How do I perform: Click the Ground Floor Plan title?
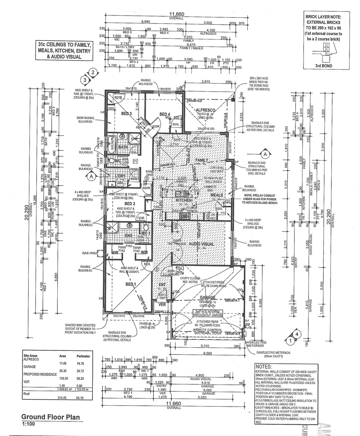(50, 417)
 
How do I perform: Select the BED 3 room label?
(127, 114)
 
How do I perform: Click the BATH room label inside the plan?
(123, 147)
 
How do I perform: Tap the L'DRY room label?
(120, 176)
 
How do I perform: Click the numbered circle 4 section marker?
(297, 334)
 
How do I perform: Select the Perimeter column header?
(83, 357)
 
